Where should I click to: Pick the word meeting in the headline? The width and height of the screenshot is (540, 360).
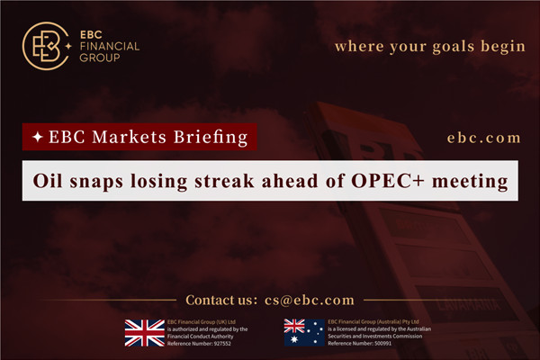(x=475, y=180)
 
